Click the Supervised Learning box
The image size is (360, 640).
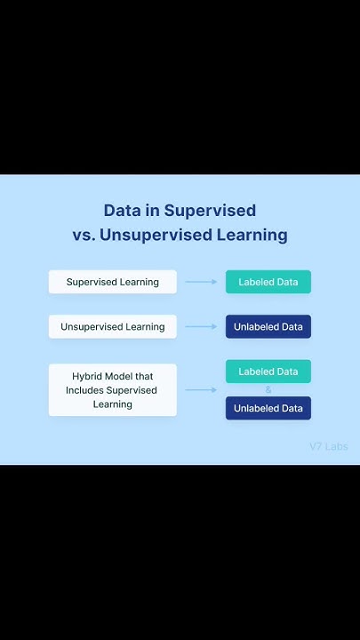tap(112, 282)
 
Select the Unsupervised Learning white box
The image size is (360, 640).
tap(112, 326)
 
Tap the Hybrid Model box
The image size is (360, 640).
tap(112, 390)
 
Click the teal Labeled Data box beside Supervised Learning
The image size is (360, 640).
tap(268, 282)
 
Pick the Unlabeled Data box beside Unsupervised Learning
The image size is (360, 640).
tap(268, 326)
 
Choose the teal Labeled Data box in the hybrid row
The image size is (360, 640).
tap(268, 372)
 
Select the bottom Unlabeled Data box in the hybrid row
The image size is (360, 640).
tap(268, 408)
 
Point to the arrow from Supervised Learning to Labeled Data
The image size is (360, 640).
tap(201, 282)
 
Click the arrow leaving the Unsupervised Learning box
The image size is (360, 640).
tap(201, 326)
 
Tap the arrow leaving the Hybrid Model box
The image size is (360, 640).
tap(201, 390)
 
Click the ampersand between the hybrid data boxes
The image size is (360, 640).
tap(268, 389)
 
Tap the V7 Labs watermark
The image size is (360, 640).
tap(328, 446)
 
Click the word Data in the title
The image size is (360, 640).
tap(123, 211)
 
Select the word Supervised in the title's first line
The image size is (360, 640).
tap(210, 212)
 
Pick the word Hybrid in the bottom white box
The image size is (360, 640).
tap(87, 377)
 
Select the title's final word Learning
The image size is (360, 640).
tap(252, 236)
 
